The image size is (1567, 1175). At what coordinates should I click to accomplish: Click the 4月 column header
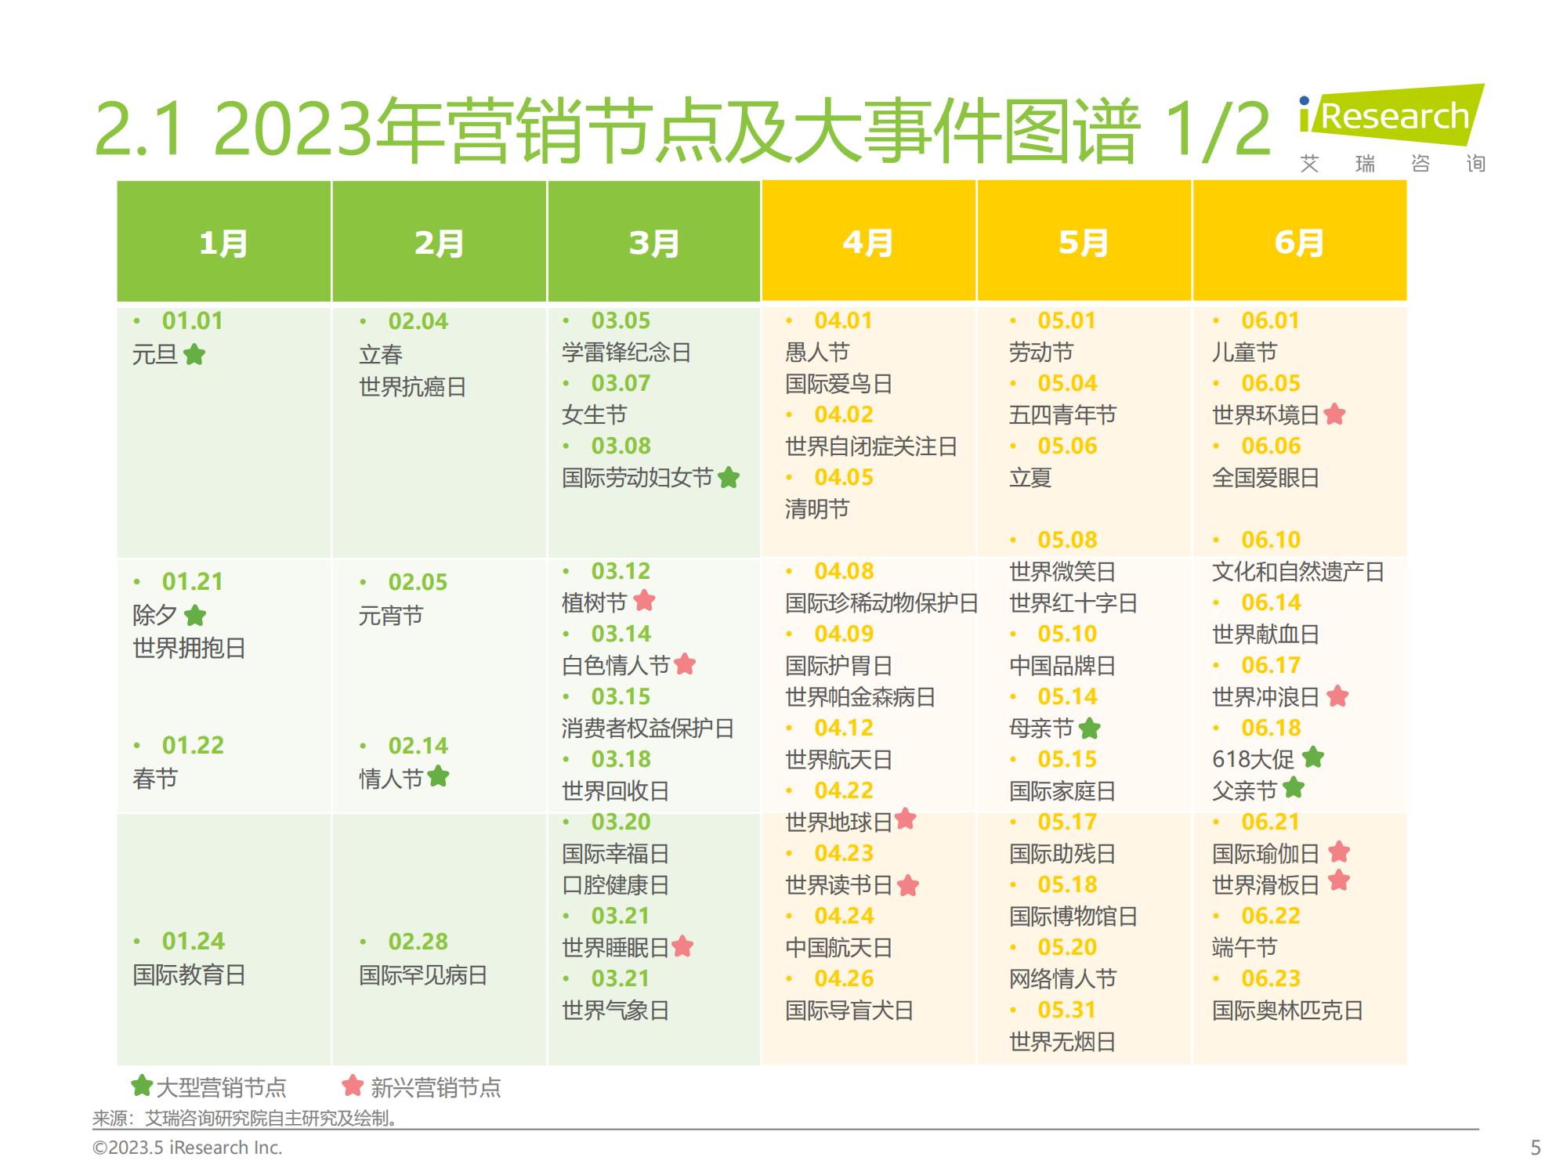[868, 243]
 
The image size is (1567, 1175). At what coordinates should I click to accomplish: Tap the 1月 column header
[223, 243]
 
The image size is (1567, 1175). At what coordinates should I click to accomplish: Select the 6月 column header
[1299, 243]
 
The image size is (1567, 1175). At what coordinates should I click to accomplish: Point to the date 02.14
[418, 745]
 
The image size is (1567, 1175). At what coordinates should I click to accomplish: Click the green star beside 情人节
[439, 776]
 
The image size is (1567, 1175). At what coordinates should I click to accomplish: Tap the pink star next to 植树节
[644, 601]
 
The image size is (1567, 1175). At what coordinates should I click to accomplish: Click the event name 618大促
[1253, 759]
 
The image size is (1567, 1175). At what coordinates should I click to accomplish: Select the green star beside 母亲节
[1089, 728]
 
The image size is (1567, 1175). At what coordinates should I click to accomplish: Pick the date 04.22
[843, 790]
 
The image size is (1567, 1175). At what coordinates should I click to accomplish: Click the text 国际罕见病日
[423, 975]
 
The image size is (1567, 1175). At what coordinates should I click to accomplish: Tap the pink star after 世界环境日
[1334, 414]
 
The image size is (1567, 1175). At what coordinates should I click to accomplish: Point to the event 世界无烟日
[1062, 1042]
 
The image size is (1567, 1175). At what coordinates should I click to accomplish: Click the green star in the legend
[142, 1086]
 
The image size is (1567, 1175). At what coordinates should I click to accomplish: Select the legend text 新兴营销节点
[436, 1087]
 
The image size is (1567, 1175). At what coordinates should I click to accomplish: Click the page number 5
[1536, 1148]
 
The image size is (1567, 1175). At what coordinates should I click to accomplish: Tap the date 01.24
[193, 941]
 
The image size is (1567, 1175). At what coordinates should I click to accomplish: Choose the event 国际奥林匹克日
[1287, 1010]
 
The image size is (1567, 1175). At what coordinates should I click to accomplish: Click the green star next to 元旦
[194, 355]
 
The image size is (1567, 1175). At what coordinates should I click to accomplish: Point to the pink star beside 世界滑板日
[1339, 881]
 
